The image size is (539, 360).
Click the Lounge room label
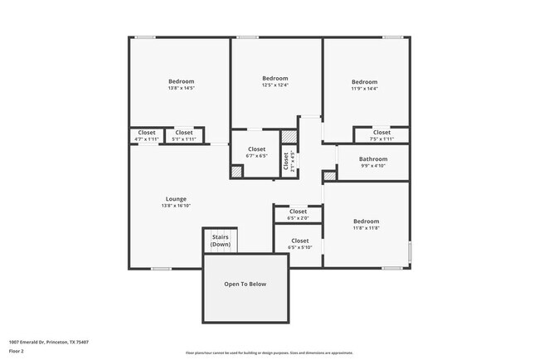click(176, 198)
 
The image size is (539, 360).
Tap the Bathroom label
click(373, 158)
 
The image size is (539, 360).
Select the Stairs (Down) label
click(221, 241)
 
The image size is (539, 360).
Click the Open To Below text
click(245, 284)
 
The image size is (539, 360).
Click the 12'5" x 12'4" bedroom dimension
click(274, 85)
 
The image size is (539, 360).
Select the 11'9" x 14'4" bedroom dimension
click(364, 89)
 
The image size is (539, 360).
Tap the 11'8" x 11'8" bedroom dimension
click(366, 228)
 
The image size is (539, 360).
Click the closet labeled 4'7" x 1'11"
click(147, 135)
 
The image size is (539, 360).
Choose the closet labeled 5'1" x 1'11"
click(184, 135)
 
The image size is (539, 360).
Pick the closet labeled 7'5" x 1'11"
click(381, 135)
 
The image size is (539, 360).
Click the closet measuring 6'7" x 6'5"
click(256, 153)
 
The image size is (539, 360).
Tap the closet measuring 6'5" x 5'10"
click(299, 244)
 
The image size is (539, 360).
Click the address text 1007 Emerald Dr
click(49, 342)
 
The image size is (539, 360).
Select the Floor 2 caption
click(17, 351)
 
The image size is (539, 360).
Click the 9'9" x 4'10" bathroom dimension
click(373, 166)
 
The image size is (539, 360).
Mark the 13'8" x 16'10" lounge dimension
click(176, 206)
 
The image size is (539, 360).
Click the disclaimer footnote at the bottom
click(269, 353)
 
